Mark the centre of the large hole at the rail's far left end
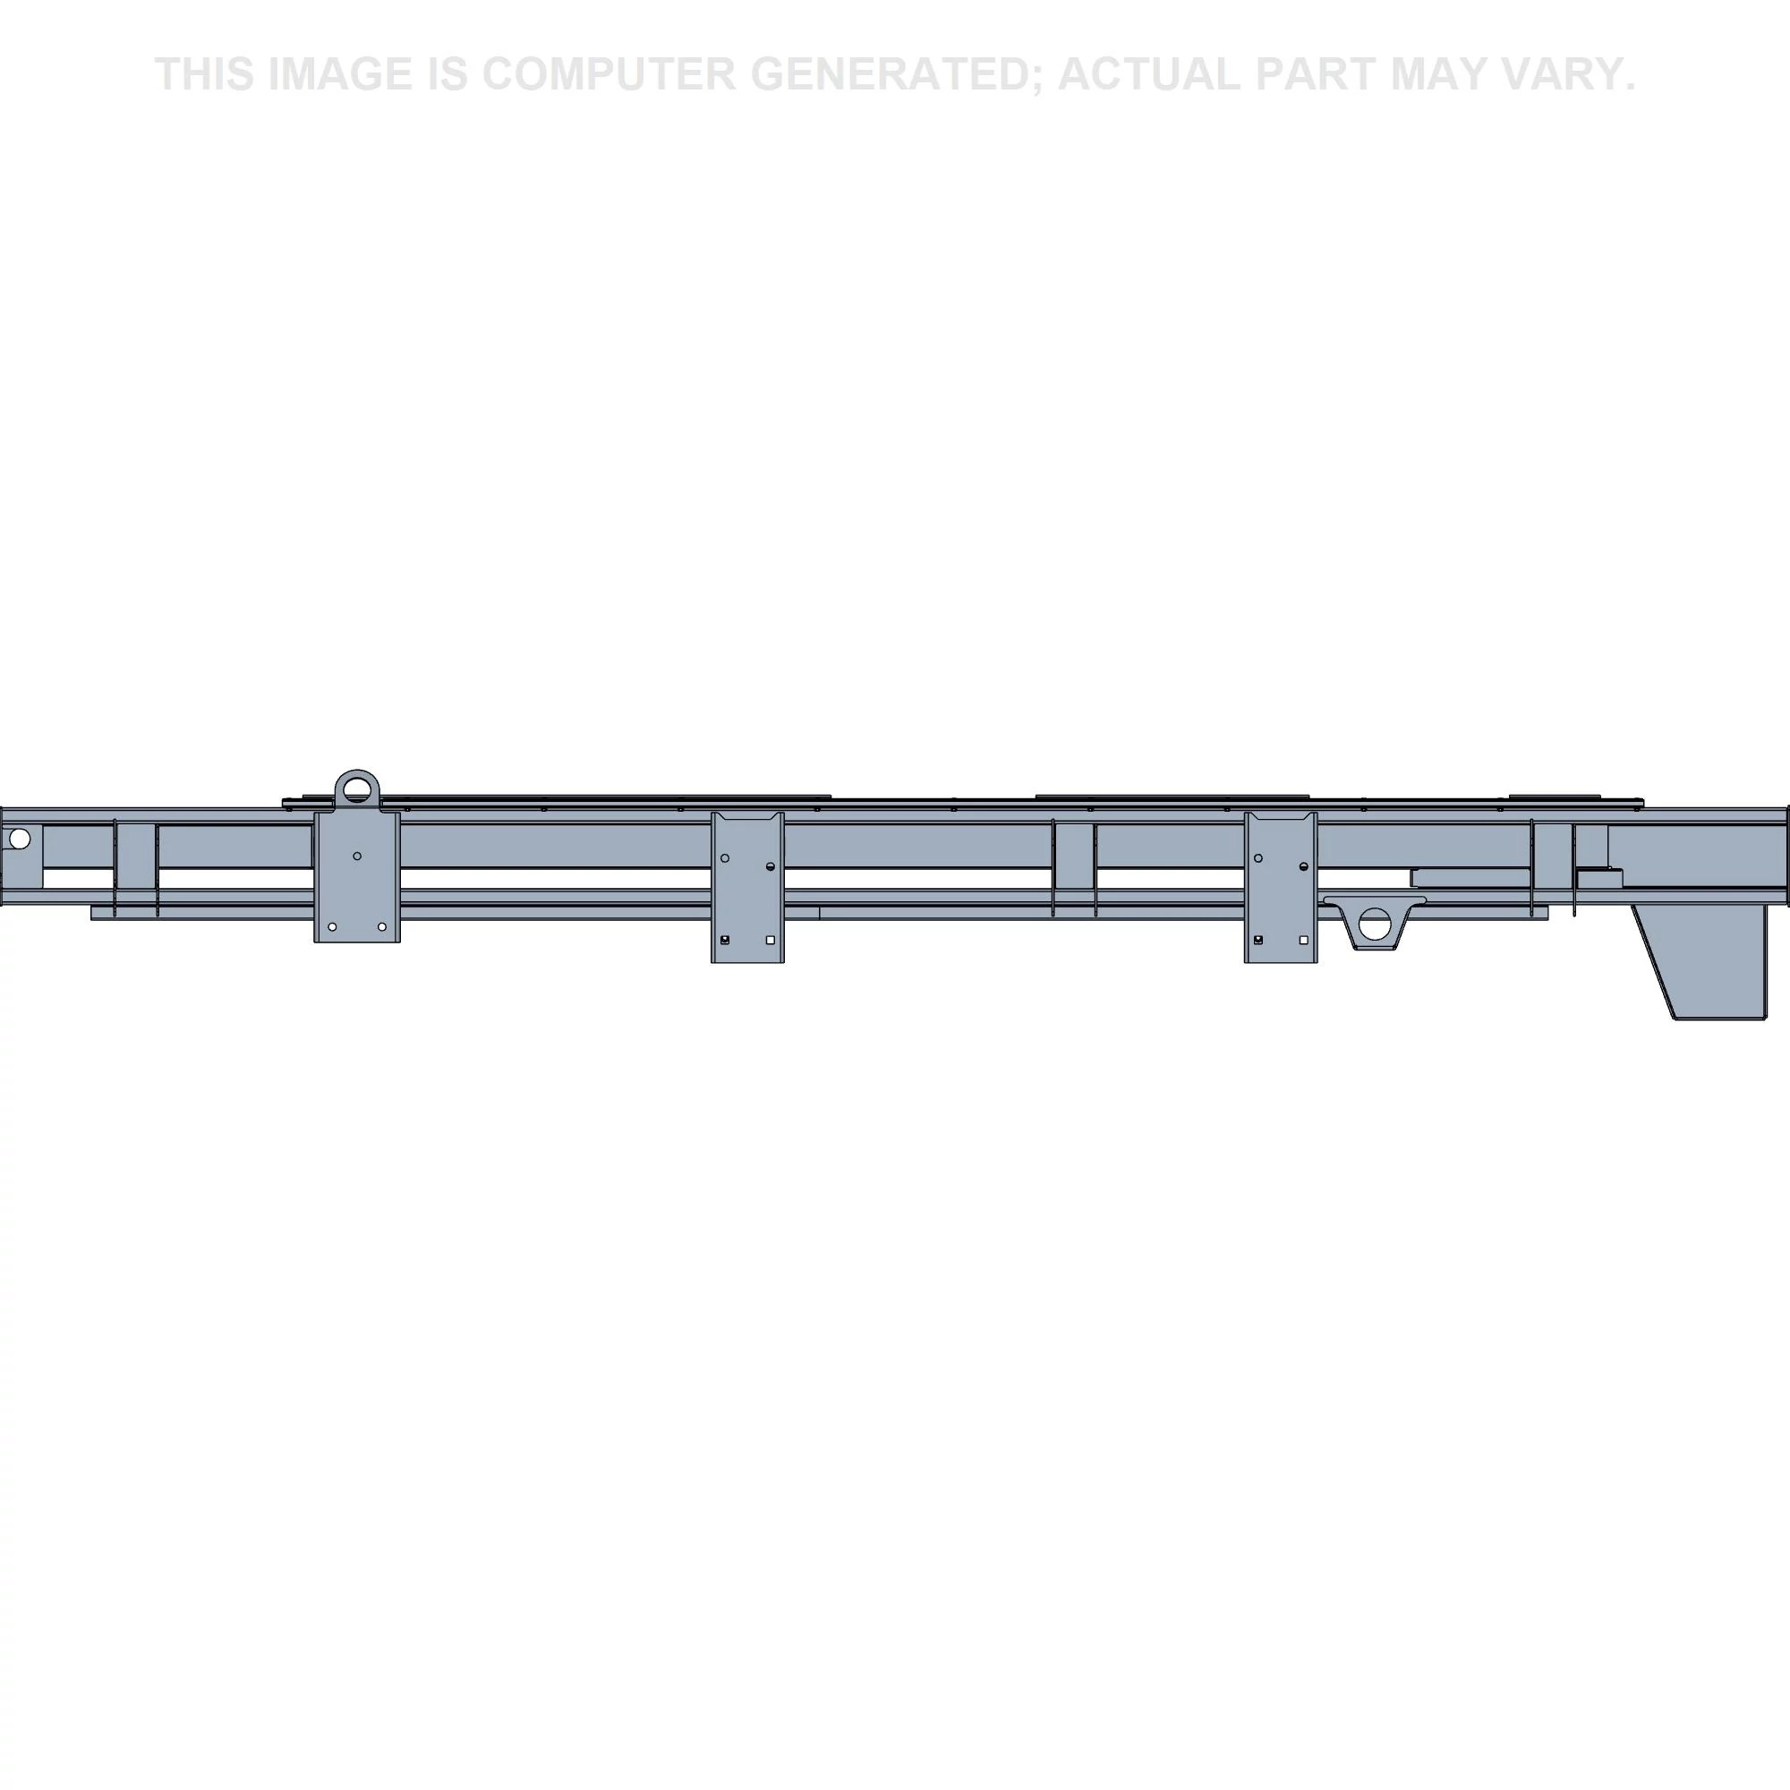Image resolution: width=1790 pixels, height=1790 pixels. click(19, 840)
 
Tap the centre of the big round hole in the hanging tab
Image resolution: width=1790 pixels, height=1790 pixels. click(1375, 923)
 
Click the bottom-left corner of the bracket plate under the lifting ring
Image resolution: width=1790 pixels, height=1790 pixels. click(315, 942)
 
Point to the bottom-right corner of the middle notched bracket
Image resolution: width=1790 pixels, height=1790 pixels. click(784, 963)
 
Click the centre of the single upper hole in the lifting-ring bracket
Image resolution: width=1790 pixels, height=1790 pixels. click(358, 857)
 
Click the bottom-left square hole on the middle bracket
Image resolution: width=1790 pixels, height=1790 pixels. click(725, 940)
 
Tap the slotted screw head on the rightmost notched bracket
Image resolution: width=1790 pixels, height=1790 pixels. click(1304, 866)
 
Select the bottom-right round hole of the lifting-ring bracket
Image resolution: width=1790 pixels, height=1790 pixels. click(382, 926)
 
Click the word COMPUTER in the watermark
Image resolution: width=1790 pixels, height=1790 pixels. click(609, 74)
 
